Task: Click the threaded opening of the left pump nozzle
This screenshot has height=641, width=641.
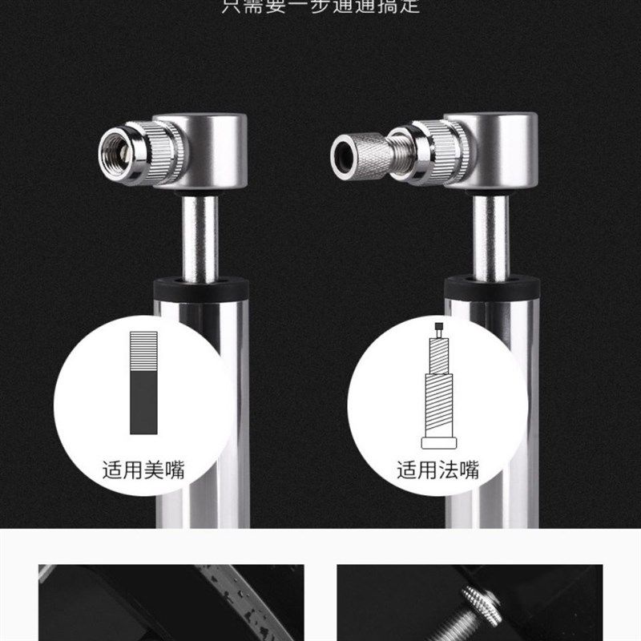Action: tap(115, 150)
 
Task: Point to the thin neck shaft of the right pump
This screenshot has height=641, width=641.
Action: tap(489, 236)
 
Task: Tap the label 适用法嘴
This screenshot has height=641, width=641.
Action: tap(437, 470)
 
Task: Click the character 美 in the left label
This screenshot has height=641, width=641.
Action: tap(153, 470)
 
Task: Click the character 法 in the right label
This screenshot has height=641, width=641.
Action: tap(448, 470)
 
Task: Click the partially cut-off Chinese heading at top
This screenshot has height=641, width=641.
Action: tap(320, 6)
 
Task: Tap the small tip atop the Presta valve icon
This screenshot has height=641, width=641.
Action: tap(438, 326)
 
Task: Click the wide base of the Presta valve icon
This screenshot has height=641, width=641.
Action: tap(438, 441)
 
